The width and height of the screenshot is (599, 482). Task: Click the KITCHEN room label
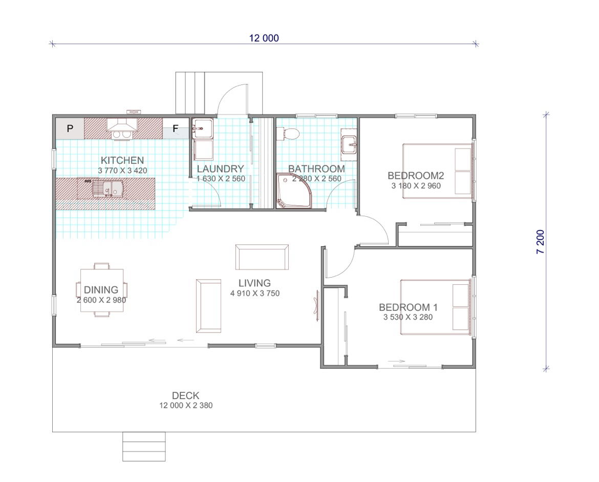click(x=122, y=160)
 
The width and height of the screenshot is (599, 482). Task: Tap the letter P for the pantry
click(x=70, y=129)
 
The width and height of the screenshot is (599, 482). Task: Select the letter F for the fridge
click(x=175, y=129)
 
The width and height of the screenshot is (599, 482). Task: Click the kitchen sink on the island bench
click(x=108, y=188)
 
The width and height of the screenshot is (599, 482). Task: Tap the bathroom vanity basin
click(x=349, y=145)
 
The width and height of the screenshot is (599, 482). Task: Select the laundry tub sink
click(x=202, y=129)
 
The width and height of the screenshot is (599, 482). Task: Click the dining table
click(x=101, y=290)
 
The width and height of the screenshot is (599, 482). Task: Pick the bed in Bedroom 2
click(x=438, y=171)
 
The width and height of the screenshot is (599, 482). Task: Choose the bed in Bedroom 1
click(x=436, y=307)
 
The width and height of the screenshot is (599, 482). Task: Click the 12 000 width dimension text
click(x=264, y=38)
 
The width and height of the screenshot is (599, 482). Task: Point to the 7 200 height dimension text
click(x=541, y=242)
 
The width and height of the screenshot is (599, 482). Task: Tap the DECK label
click(x=186, y=395)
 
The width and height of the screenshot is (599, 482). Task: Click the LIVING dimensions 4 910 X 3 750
click(x=255, y=294)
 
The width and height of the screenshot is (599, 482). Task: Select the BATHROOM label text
click(x=316, y=169)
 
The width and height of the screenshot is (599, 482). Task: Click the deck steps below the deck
click(x=144, y=447)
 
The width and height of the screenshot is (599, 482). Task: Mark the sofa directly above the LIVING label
click(x=262, y=257)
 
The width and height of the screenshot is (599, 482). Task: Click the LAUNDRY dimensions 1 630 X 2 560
click(x=221, y=178)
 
